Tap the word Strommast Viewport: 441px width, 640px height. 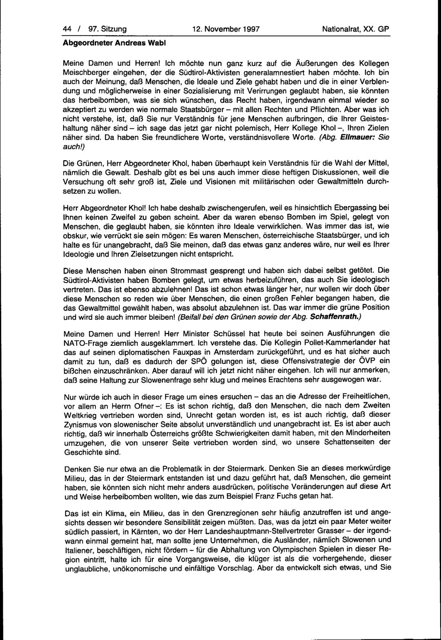197,270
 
